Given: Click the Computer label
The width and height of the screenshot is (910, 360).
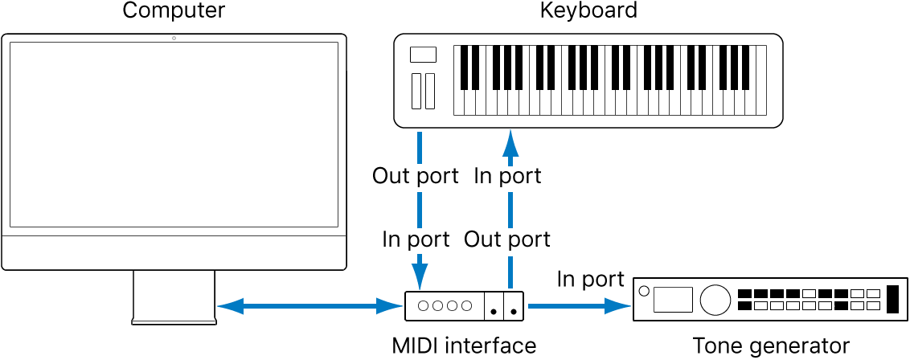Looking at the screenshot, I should [174, 11].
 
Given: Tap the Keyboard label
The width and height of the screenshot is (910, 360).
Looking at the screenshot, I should [588, 11].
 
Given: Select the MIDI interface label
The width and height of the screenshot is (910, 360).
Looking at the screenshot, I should [464, 346].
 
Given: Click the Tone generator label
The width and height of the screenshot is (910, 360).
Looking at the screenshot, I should [771, 346].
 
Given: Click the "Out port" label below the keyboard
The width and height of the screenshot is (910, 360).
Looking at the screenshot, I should [416, 175].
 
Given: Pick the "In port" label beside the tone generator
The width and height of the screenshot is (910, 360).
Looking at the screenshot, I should [591, 279].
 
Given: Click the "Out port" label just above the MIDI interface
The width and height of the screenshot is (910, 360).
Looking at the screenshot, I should [507, 239].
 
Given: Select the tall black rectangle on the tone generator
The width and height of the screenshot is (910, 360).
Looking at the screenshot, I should [892, 300].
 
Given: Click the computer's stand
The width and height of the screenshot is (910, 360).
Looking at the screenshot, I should [174, 297].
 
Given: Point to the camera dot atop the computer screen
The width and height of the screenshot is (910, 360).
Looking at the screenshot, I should [174, 39].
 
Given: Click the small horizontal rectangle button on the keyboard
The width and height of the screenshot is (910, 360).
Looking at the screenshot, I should [423, 55].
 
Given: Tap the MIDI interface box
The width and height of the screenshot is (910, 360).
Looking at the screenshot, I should [464, 305].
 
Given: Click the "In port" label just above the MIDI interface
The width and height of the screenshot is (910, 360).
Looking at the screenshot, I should [416, 239].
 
